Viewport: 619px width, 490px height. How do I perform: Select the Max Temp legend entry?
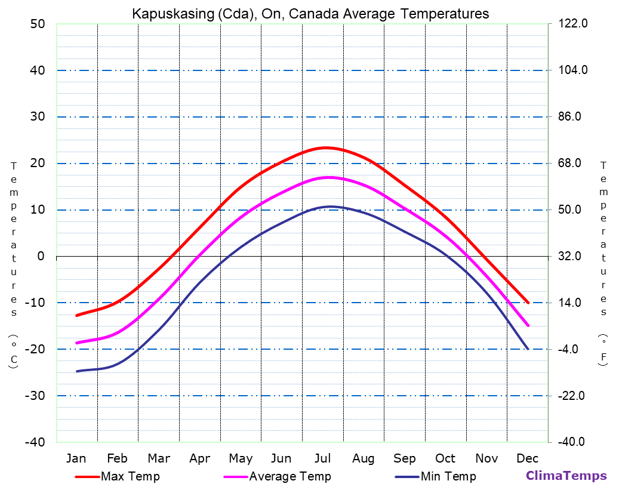(130, 476)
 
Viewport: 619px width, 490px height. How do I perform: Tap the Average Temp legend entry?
(290, 476)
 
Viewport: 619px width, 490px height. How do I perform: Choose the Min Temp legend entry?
(448, 476)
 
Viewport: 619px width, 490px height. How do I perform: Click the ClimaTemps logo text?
(566, 476)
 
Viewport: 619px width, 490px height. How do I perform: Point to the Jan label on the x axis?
(76, 458)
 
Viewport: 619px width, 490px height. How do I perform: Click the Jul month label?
(322, 458)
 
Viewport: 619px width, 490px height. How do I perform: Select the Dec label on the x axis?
(528, 458)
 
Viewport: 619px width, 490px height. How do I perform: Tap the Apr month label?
(199, 458)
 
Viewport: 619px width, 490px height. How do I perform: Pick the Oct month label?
(445, 458)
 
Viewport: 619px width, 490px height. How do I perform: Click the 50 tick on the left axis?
(38, 24)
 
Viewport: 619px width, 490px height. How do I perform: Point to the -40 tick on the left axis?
(35, 442)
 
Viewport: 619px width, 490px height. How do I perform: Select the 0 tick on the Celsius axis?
(41, 256)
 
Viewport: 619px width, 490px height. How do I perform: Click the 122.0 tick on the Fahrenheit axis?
(573, 24)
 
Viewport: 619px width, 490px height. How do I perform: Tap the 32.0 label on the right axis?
(573, 256)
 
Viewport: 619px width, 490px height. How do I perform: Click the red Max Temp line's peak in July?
(325, 147)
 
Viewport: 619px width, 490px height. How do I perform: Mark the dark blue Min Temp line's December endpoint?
(528, 349)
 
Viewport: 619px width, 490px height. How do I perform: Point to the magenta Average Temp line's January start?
(76, 343)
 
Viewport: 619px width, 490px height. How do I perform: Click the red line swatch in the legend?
(87, 477)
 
